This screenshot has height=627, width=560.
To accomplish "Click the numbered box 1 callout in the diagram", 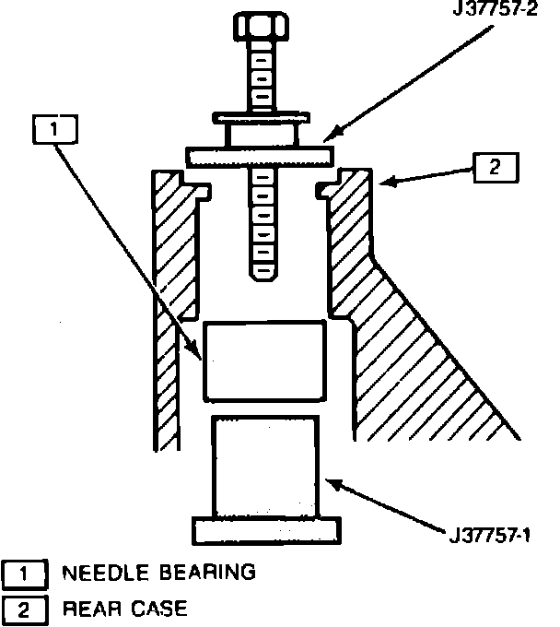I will [54, 130].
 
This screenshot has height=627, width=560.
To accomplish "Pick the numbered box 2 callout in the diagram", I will [496, 168].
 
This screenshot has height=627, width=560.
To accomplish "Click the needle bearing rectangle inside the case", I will [263, 361].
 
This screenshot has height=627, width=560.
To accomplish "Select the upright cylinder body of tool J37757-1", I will [265, 466].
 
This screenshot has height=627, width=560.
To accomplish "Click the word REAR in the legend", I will [87, 608].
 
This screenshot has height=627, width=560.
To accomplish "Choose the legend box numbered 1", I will [23, 574].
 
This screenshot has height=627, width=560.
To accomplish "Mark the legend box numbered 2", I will [23, 609].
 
